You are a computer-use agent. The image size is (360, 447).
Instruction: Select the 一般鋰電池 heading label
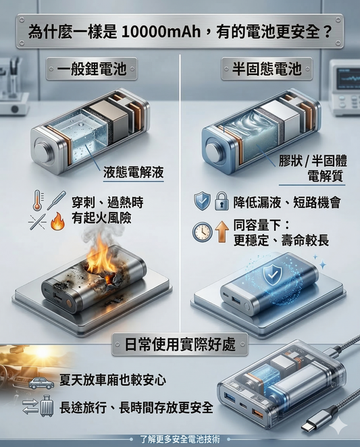(92, 68)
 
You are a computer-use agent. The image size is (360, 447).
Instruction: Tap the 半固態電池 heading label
(267, 68)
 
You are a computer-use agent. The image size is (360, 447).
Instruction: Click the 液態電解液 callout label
(134, 172)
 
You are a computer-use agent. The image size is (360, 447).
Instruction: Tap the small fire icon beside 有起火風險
(57, 221)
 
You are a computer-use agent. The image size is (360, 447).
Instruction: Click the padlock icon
(221, 201)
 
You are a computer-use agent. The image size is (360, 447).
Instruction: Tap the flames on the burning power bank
(101, 257)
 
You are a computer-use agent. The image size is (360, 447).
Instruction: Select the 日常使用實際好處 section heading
(179, 344)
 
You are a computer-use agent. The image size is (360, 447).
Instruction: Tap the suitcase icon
(47, 408)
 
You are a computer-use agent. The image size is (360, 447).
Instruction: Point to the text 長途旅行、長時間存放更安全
(136, 408)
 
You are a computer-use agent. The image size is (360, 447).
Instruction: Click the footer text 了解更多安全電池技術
(180, 439)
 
